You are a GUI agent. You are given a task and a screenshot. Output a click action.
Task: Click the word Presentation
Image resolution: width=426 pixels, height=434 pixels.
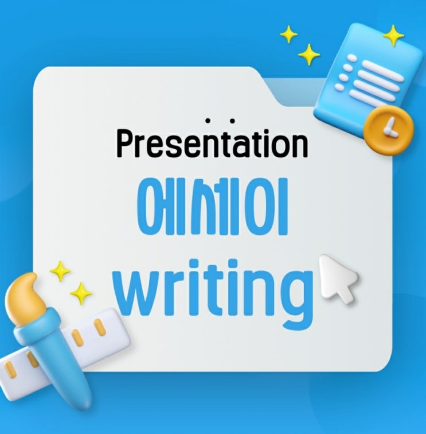[x=212, y=143]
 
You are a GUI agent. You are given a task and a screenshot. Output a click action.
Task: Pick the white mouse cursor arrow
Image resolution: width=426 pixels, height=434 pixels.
[x=338, y=279]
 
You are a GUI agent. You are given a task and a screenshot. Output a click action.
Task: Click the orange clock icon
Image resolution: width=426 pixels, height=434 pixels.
[x=388, y=130]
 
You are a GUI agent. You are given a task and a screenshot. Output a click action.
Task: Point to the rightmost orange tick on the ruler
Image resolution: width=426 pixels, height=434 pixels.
[x=100, y=327]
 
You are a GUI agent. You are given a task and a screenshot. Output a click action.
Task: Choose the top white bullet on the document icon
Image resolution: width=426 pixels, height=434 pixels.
[x=352, y=58]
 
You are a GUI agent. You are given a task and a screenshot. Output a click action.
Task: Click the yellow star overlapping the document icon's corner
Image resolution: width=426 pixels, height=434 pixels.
[x=393, y=36]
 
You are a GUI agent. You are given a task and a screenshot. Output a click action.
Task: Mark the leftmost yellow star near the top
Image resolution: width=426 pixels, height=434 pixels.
[x=288, y=34]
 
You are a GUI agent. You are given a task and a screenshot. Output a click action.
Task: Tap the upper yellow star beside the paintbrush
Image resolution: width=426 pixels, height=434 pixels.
[x=61, y=271]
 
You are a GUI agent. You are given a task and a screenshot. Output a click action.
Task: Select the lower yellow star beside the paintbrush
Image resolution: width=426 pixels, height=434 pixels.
[x=81, y=293]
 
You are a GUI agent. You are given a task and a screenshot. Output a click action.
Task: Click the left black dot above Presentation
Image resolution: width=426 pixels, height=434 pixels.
[x=208, y=121]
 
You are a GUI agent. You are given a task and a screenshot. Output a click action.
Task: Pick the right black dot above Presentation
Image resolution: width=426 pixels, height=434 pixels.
[x=233, y=121]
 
